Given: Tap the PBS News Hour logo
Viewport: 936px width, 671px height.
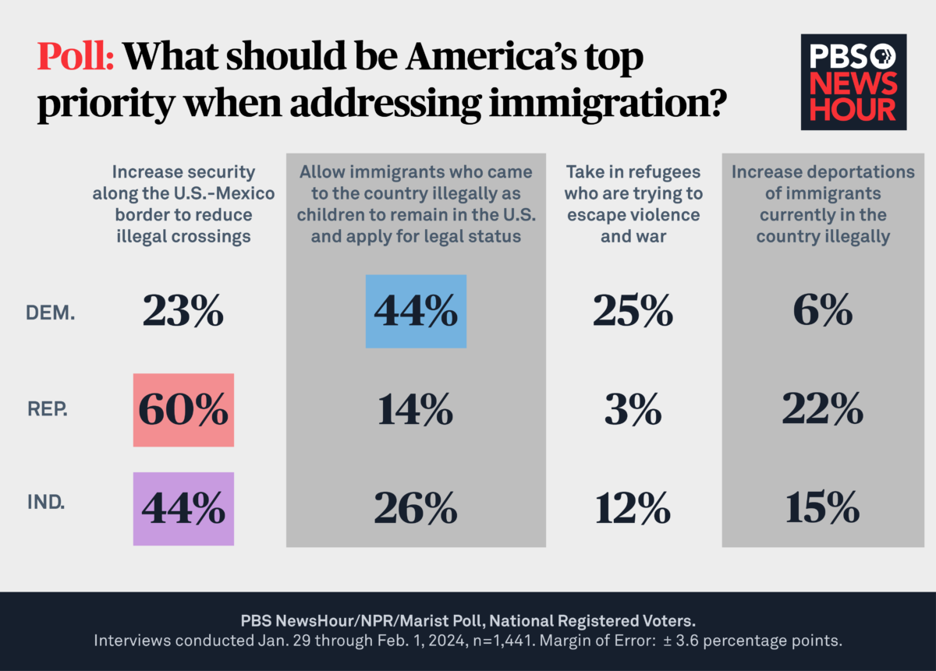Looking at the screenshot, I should (853, 81).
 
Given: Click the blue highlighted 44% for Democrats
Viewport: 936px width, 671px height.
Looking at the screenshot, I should (416, 311).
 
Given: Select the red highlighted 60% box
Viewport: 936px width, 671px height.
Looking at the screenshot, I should (183, 410).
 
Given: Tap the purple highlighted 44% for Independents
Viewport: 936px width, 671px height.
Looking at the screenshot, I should (183, 509).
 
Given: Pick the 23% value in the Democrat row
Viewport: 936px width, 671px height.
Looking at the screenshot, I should (183, 312).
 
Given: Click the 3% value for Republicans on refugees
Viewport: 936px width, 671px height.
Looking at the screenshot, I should (633, 410).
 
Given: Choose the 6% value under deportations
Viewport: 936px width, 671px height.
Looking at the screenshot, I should (823, 312).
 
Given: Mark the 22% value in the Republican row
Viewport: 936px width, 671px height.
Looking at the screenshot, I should (823, 410).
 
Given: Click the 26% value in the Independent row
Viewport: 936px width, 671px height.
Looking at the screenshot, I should (416, 509).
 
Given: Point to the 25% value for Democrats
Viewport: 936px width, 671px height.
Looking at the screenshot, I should (633, 312).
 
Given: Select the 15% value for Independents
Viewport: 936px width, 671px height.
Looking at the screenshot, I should (823, 509).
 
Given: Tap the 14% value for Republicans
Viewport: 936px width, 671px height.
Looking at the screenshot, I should (416, 410).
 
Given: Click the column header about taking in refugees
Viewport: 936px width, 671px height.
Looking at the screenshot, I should (633, 203).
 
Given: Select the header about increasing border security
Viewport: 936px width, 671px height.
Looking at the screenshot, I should (183, 203).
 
